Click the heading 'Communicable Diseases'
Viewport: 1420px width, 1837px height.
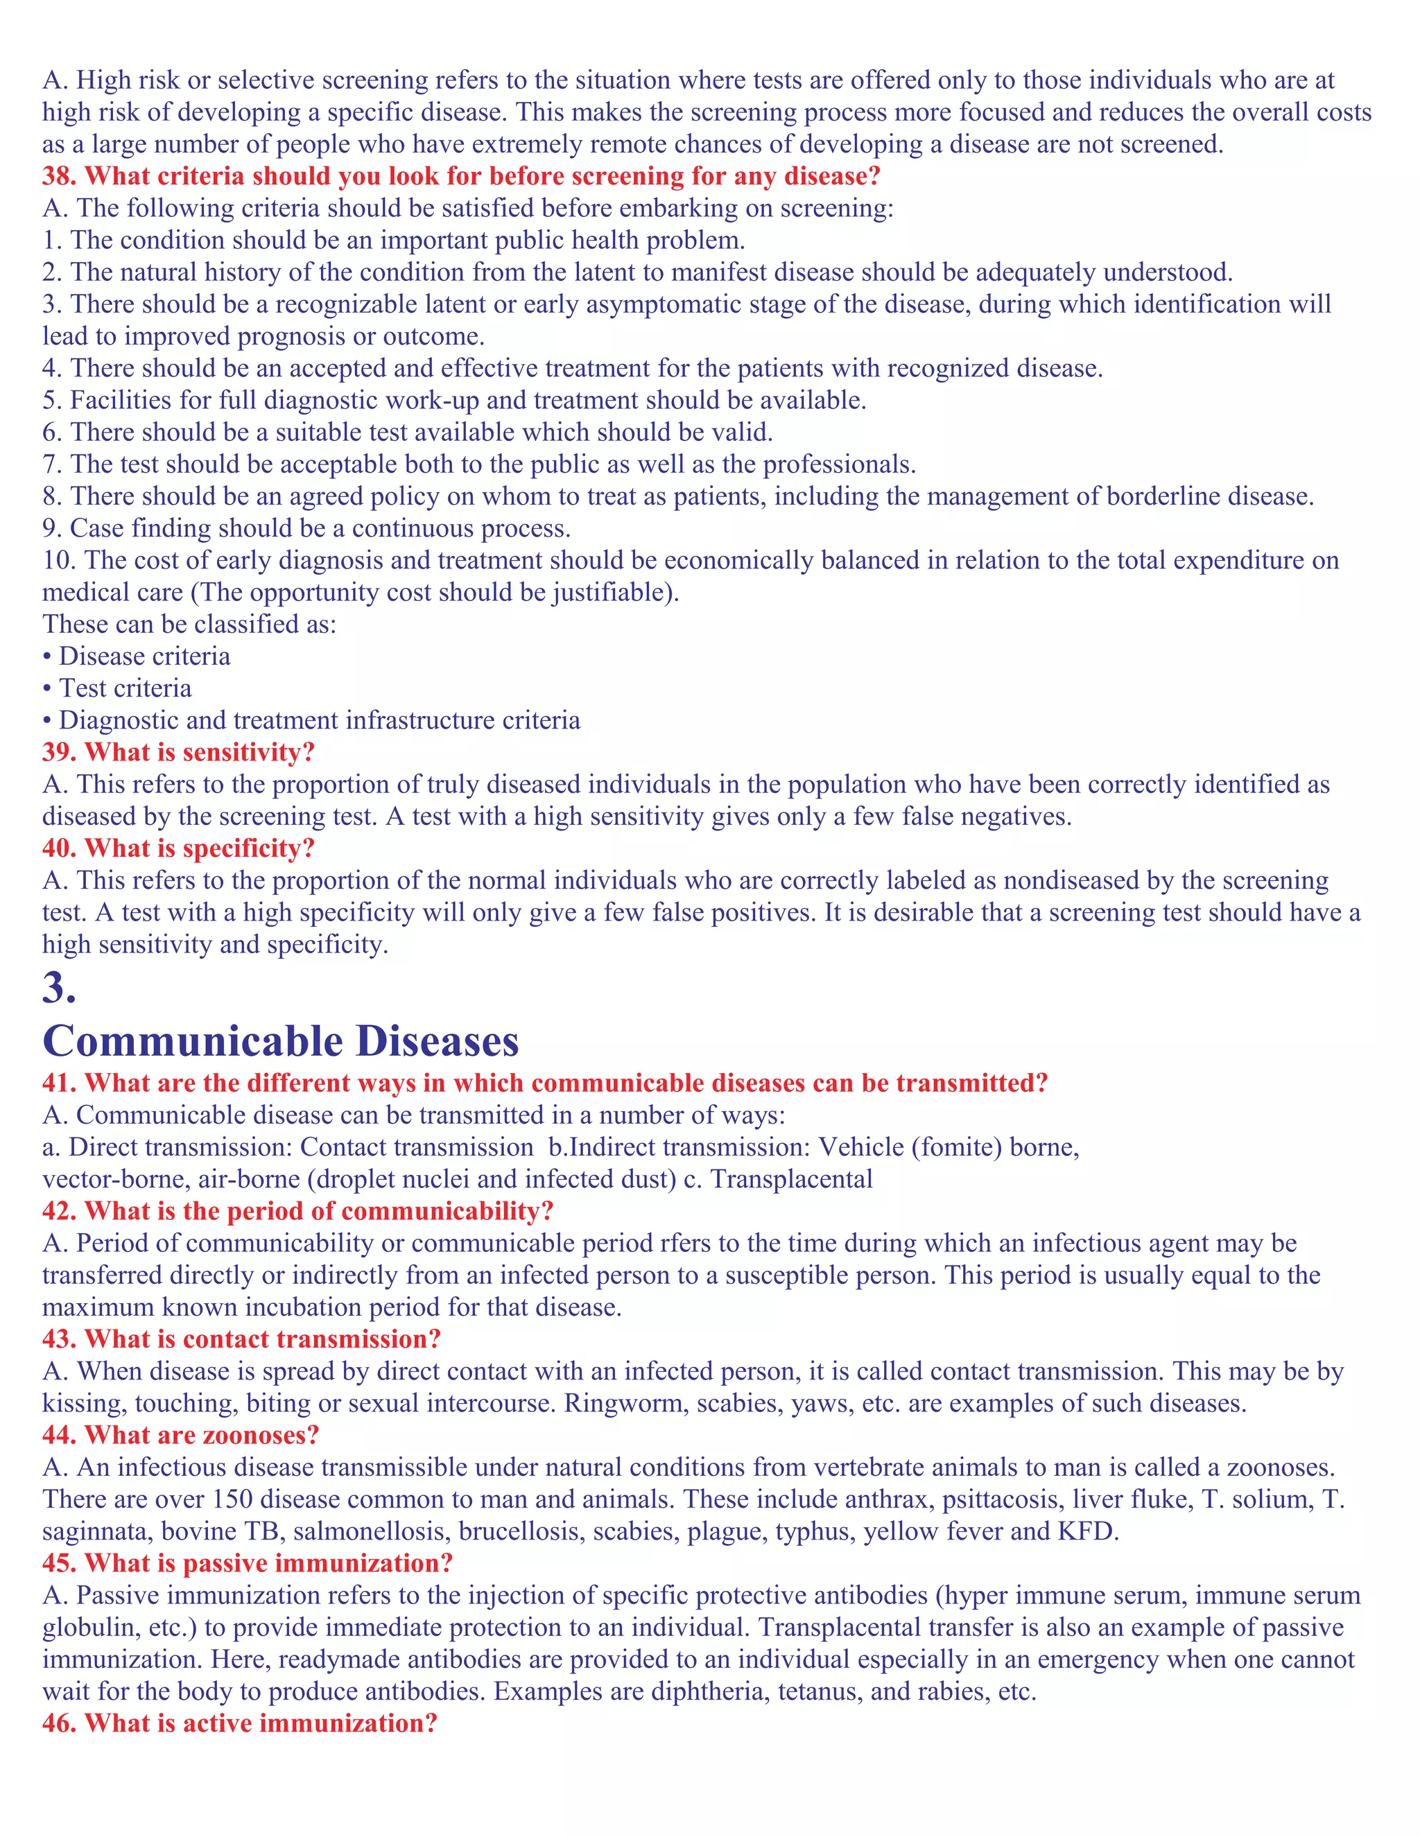point(280,1041)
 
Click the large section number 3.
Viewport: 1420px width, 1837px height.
point(58,987)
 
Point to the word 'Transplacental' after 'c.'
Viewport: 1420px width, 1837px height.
point(792,1179)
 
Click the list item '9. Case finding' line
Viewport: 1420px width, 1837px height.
point(307,528)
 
